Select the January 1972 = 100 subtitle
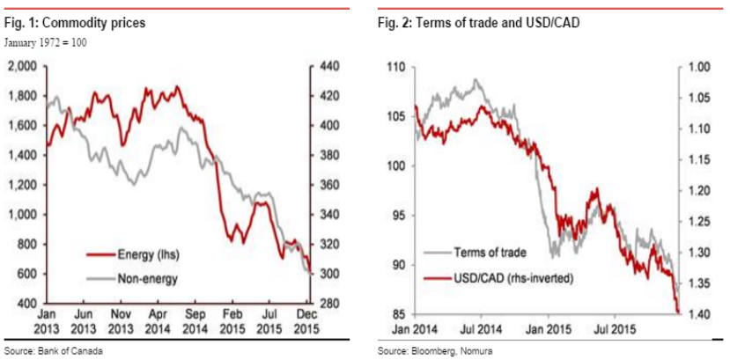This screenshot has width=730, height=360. point(45,41)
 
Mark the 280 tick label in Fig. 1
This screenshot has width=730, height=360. point(332,304)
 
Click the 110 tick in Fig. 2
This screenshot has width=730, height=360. point(394,67)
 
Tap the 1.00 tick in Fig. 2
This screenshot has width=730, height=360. point(699,67)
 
